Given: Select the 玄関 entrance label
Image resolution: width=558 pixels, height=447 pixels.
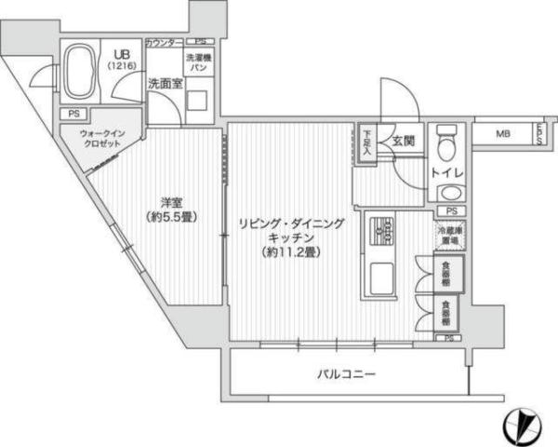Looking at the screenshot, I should coord(403,142).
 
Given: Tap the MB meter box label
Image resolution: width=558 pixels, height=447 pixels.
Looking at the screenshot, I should coord(502,134).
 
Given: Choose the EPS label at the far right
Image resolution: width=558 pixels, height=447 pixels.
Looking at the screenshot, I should coord(538,134).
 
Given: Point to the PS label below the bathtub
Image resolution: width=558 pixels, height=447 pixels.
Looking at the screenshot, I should coord(73,114).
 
